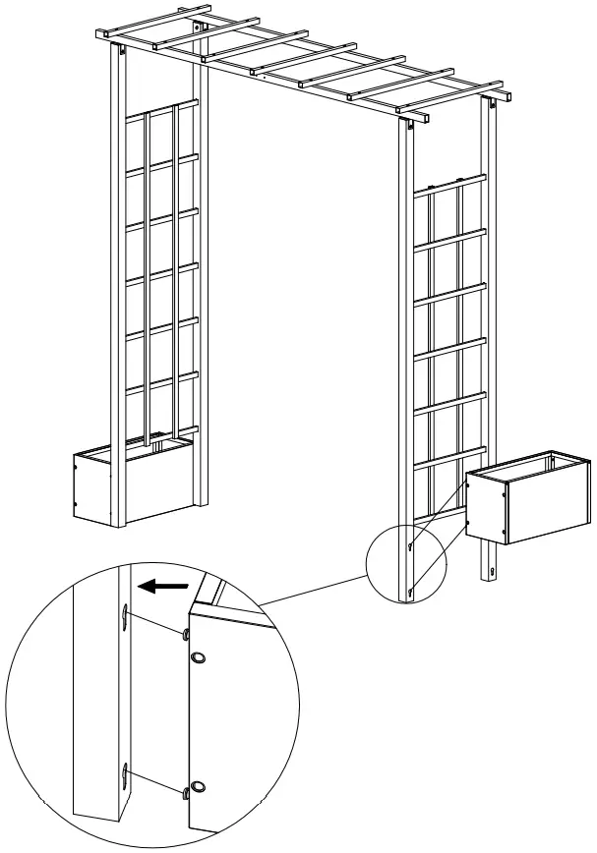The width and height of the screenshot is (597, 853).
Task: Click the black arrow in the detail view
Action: pos(161,587)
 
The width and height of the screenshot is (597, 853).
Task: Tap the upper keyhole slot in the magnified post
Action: pos(126,615)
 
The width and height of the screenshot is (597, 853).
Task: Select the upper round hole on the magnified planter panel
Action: pos(198,657)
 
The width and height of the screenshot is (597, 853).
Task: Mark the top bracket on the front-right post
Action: pos(406,127)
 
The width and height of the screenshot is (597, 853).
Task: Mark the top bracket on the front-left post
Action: pos(122,55)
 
